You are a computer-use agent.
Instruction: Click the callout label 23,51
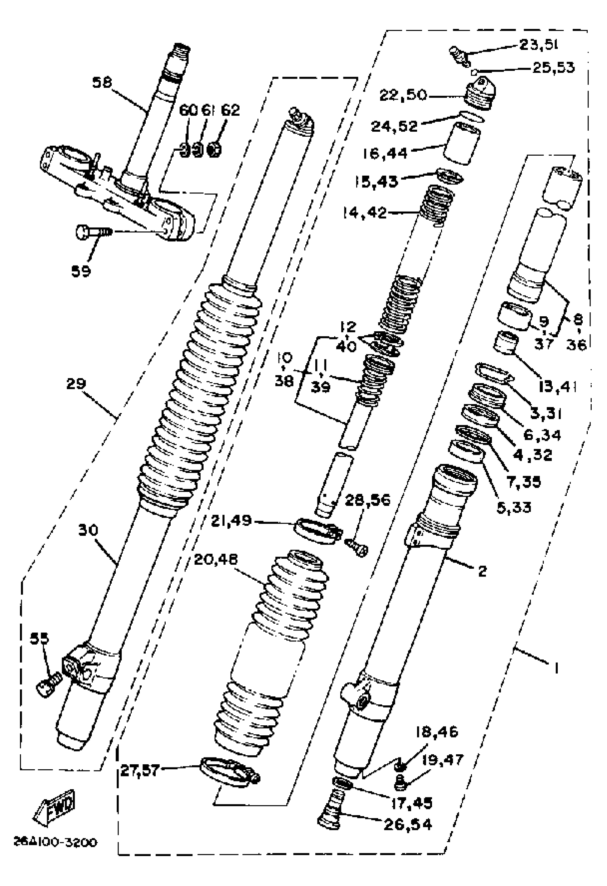[x=538, y=45]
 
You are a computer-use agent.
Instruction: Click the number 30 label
[x=88, y=530]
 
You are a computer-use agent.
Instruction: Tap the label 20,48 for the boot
[x=215, y=559]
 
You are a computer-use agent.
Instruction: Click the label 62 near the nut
[x=230, y=110]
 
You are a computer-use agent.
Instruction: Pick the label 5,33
[x=514, y=507]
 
